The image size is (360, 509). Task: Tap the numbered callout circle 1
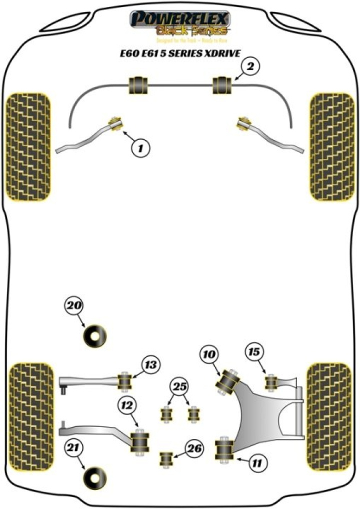141,147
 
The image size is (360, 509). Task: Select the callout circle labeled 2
250,65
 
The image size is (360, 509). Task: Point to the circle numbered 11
256,464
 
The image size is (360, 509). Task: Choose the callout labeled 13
150,365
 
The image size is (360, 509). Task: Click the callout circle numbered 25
178,386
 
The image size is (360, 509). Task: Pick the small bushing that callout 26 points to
166,459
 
